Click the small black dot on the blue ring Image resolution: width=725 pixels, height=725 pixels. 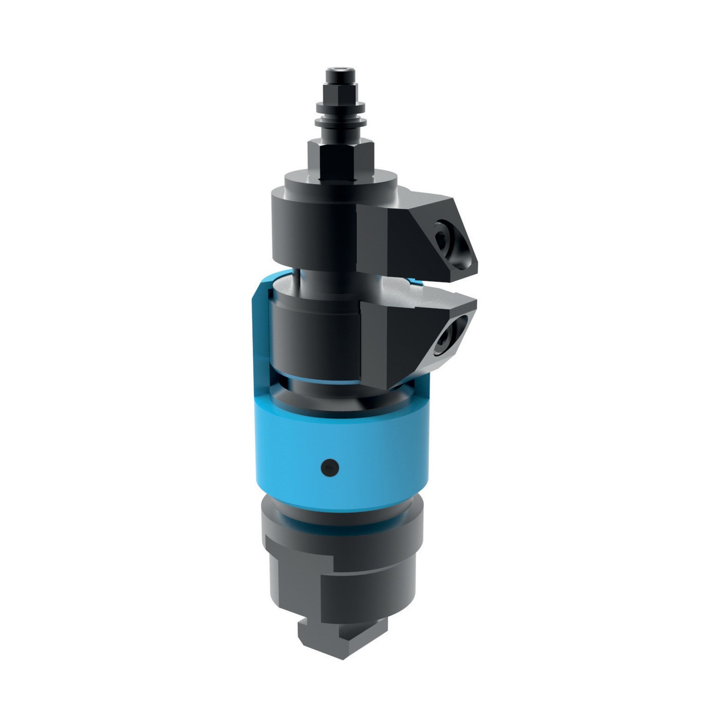(x=330, y=467)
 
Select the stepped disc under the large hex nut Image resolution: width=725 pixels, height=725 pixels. (x=341, y=181)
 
